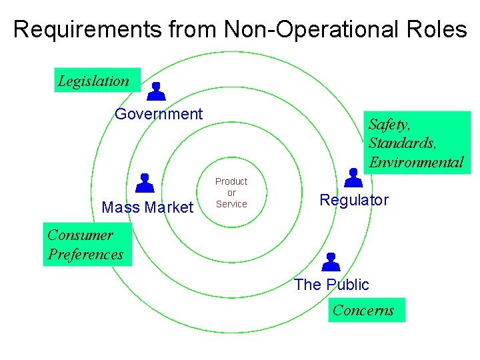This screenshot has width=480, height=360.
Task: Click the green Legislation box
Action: click(97, 81)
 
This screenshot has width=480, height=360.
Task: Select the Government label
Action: click(159, 114)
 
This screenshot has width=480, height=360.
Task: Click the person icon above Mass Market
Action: click(145, 182)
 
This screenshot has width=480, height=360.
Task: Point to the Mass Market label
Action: click(147, 207)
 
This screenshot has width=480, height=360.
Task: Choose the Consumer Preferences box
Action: click(87, 245)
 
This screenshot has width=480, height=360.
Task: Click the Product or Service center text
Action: click(231, 193)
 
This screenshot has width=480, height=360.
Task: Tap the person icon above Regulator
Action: click(353, 177)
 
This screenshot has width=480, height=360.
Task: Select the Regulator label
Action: click(354, 200)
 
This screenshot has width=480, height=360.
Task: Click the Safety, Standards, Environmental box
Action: click(415, 142)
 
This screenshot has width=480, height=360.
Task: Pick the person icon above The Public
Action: click(330, 262)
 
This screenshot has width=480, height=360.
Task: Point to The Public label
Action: click(331, 285)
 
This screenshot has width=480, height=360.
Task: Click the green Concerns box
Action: click(366, 310)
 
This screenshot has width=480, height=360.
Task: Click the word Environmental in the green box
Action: click(415, 162)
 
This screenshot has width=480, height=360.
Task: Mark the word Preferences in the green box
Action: click(85, 255)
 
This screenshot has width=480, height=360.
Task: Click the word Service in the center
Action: click(231, 204)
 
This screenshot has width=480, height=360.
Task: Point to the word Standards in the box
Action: click(403, 143)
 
